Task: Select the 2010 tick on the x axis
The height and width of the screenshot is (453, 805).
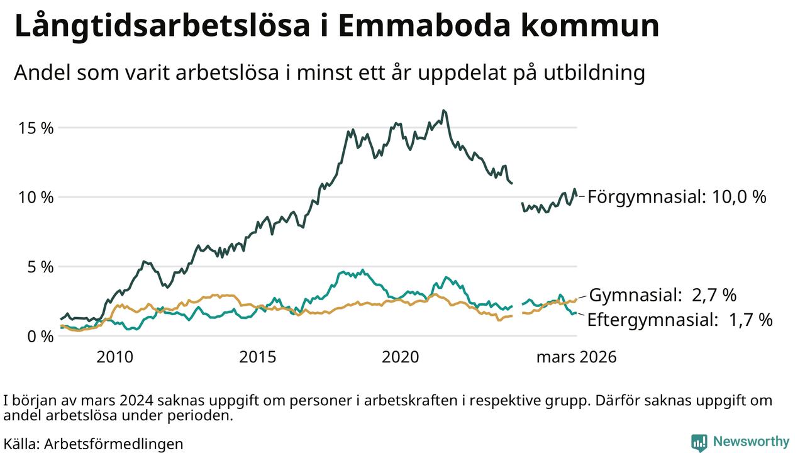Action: point(114,357)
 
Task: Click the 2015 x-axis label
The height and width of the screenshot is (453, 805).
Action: point(258,357)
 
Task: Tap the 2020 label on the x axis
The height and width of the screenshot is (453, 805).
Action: point(401,357)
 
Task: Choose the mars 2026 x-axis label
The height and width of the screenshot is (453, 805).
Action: point(576,357)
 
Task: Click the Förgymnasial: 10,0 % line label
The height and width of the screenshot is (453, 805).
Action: point(677,197)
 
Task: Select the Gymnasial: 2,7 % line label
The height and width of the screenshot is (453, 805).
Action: point(662,294)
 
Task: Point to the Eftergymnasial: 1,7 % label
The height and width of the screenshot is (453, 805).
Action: point(679,320)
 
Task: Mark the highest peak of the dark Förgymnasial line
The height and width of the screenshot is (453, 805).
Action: point(443,111)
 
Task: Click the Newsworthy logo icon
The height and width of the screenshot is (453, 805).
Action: point(699,442)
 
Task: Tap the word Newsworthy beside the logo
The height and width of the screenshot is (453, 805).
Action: point(751,441)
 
